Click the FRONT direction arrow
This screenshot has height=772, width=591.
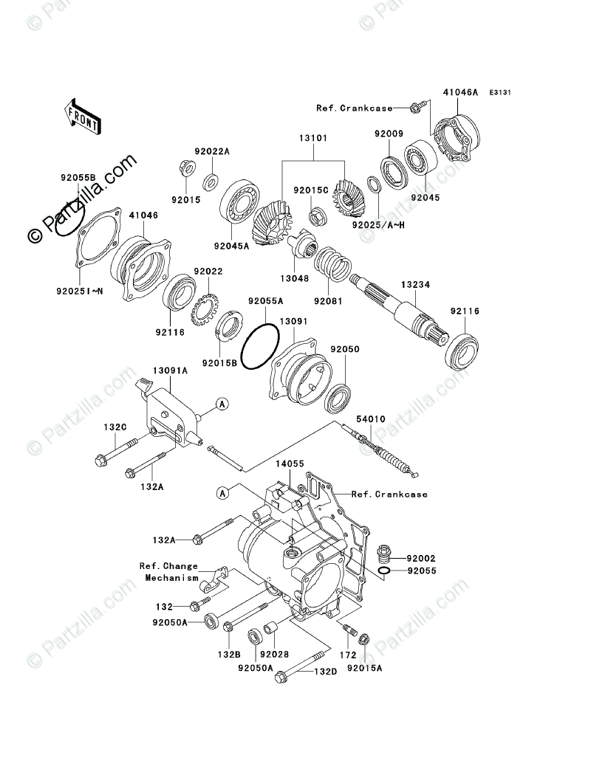[82, 116]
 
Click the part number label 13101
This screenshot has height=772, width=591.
[313, 138]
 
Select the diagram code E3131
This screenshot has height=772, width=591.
[500, 93]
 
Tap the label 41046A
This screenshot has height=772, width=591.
[460, 93]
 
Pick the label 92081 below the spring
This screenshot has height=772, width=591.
[327, 301]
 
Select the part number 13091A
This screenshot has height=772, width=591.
[170, 371]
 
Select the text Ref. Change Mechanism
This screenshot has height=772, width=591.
[169, 572]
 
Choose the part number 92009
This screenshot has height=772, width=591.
[388, 134]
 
